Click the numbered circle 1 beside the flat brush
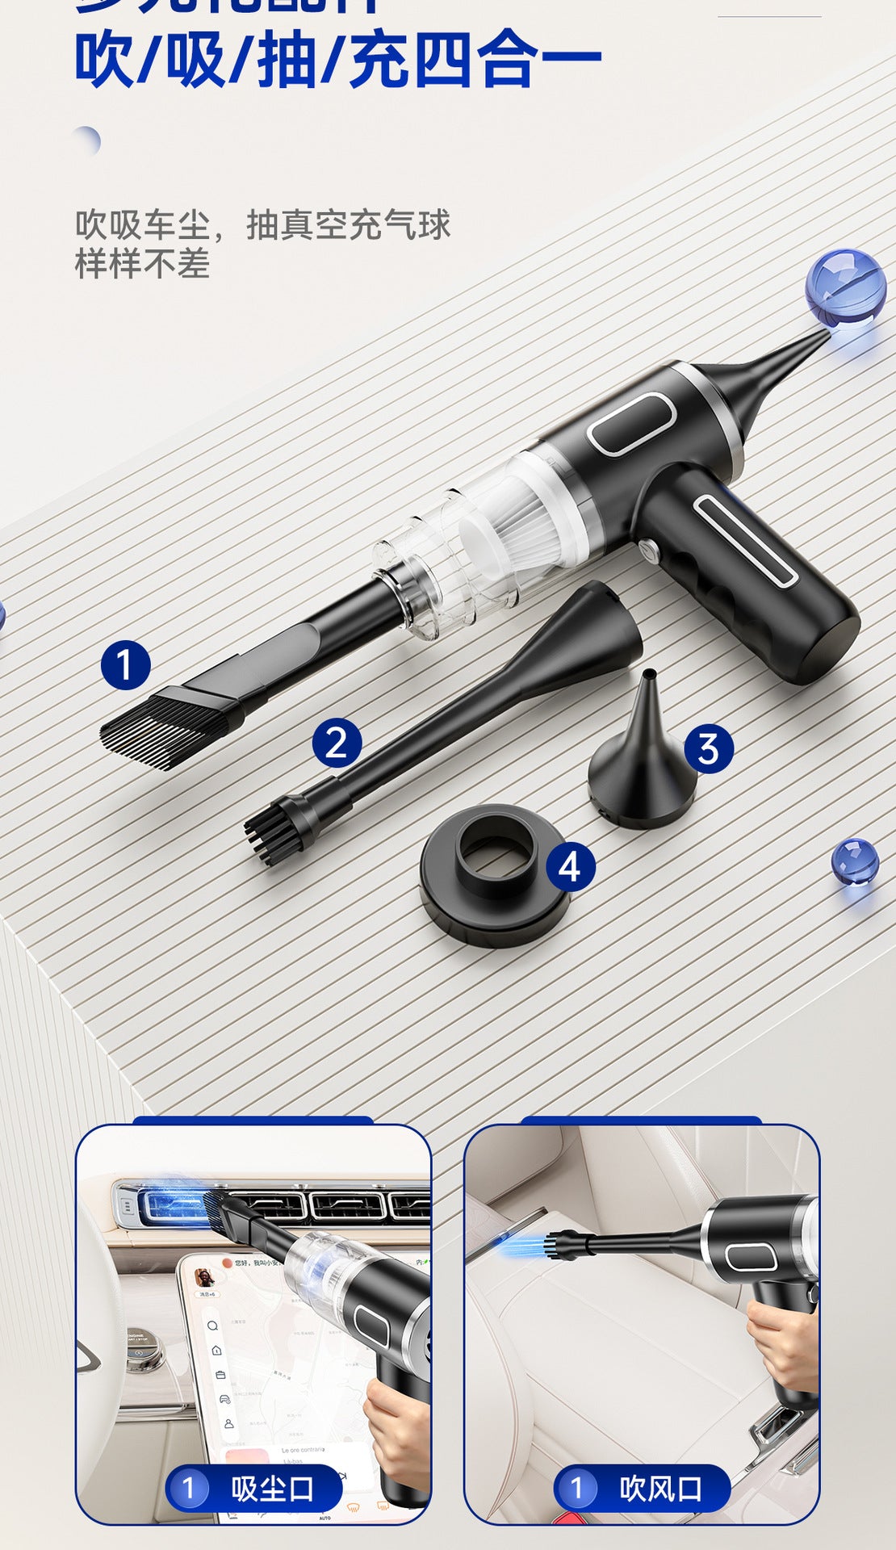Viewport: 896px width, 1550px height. tap(125, 665)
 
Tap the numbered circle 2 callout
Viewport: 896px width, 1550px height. tap(337, 743)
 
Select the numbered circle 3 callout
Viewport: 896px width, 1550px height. tap(709, 748)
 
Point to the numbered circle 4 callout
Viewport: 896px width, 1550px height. tap(570, 867)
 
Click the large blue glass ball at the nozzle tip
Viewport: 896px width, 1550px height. tap(845, 287)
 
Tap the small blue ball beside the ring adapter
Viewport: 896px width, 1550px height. tap(855, 861)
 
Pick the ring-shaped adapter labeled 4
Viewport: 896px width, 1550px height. tap(494, 876)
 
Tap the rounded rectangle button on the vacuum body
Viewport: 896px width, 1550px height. tap(631, 424)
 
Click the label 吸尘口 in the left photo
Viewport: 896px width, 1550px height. tap(272, 1489)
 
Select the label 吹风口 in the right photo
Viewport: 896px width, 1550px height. tap(660, 1489)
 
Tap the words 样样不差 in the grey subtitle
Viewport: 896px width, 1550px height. tap(142, 264)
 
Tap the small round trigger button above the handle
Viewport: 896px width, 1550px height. tap(648, 550)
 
